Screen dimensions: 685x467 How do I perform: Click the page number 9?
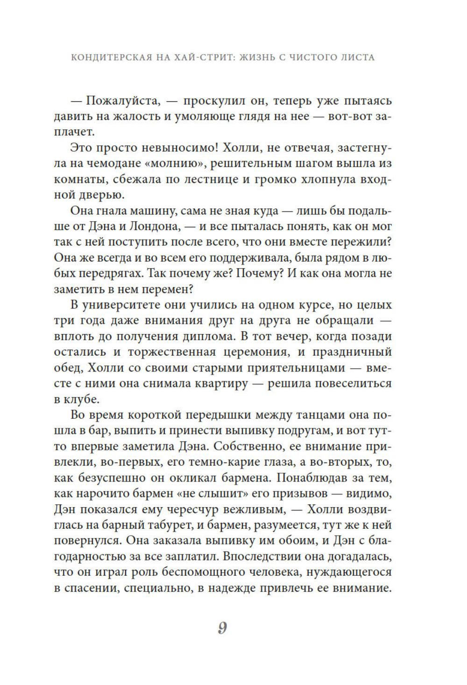point(222,628)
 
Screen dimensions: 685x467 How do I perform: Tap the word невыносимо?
point(178,148)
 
